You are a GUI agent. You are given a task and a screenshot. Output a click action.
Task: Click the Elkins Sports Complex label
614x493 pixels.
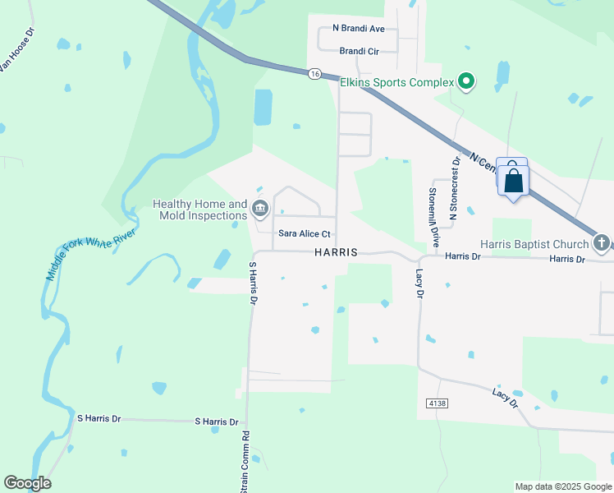[397, 82]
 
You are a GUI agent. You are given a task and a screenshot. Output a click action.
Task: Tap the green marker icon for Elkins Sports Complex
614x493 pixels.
[466, 81]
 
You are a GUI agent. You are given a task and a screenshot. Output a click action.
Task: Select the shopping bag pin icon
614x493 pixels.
[513, 179]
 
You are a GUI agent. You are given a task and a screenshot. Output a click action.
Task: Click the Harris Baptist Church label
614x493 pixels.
[535, 244]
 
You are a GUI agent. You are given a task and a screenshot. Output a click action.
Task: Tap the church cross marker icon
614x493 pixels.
[602, 243]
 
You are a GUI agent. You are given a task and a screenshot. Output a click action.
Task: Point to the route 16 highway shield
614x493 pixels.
[314, 74]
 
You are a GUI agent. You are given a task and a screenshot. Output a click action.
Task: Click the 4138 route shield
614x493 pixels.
[438, 403]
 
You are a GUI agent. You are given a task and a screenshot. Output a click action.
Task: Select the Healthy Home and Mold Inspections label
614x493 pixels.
[200, 210]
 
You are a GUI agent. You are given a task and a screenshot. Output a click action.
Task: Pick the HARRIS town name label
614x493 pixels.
[336, 253]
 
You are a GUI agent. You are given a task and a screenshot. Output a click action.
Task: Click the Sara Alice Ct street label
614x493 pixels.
[304, 234]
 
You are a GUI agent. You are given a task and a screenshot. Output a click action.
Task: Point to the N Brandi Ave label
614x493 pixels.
[358, 28]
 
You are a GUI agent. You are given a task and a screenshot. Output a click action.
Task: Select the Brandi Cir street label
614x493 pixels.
[359, 51]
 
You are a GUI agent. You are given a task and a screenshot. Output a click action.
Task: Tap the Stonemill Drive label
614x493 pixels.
[434, 215]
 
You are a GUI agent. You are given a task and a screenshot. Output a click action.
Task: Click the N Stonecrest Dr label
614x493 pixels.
[453, 188]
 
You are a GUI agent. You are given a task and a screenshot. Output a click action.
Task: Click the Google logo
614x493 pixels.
[27, 483]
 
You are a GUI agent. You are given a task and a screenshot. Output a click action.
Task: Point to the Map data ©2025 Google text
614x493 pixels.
[562, 486]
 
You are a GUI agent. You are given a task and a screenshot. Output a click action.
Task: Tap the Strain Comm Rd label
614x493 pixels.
[244, 461]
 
